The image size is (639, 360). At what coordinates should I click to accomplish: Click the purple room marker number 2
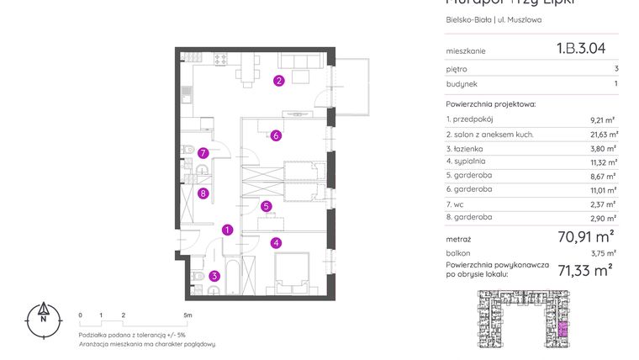point(278,81)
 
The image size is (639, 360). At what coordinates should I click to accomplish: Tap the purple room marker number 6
point(275,135)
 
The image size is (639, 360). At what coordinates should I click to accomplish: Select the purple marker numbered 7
point(203,153)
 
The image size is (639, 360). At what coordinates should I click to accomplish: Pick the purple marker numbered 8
point(203,193)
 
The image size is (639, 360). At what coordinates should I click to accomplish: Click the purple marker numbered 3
point(214,275)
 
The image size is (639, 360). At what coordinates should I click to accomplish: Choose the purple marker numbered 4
point(275,243)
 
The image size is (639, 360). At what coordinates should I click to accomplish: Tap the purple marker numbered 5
point(266,206)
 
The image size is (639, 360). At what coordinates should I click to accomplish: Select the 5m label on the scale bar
point(187,315)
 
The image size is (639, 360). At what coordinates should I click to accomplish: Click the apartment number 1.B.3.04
point(581,49)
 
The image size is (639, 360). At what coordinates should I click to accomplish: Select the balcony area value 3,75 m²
point(603,252)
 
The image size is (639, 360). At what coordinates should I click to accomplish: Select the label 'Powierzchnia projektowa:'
point(490,104)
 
